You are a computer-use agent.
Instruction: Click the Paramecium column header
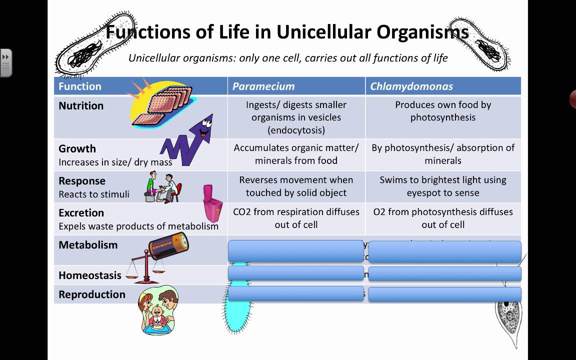pyautogui.click(x=263, y=86)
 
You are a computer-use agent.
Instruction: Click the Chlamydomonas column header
pyautogui.click(x=411, y=86)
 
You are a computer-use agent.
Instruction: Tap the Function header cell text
pyautogui.click(x=80, y=86)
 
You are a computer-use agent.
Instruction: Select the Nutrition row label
pyautogui.click(x=81, y=106)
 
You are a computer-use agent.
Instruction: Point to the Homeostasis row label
pyautogui.click(x=90, y=275)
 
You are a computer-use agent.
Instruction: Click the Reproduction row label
pyautogui.click(x=92, y=294)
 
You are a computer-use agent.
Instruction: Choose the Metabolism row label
pyautogui.click(x=88, y=245)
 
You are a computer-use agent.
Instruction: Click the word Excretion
pyautogui.click(x=81, y=213)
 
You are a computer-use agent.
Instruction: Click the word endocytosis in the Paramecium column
pyautogui.click(x=296, y=130)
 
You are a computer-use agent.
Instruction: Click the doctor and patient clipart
pyautogui.click(x=163, y=187)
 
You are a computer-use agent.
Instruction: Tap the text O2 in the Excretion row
pyautogui.click(x=379, y=212)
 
